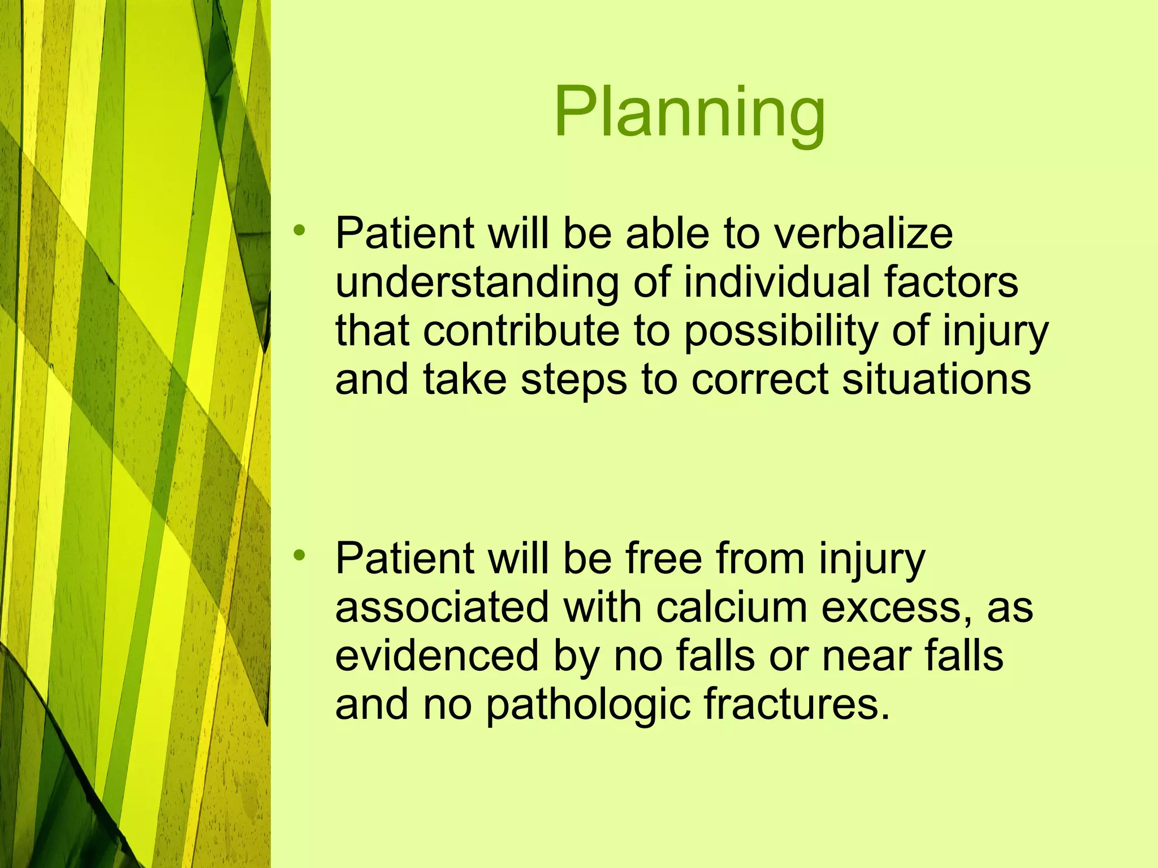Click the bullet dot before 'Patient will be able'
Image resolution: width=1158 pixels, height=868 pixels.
coord(299,230)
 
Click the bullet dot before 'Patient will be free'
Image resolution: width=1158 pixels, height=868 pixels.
coord(299,555)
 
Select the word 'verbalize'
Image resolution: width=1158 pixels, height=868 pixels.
coord(863,233)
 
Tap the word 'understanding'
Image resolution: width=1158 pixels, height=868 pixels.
coord(477,283)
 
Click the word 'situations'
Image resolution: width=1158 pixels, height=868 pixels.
coord(936,379)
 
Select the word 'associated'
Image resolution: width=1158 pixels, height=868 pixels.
coord(442,607)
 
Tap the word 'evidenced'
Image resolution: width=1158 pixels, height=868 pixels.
coord(437,656)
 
